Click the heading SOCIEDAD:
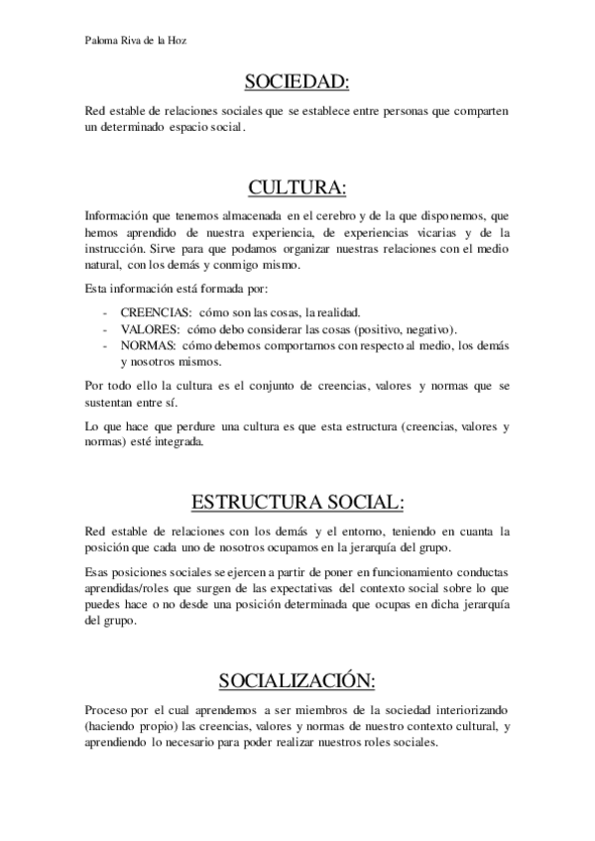[x=297, y=80]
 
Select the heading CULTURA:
[x=297, y=187]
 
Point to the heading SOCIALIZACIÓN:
[x=297, y=680]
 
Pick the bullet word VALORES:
[x=150, y=328]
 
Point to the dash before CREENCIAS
[x=105, y=311]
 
